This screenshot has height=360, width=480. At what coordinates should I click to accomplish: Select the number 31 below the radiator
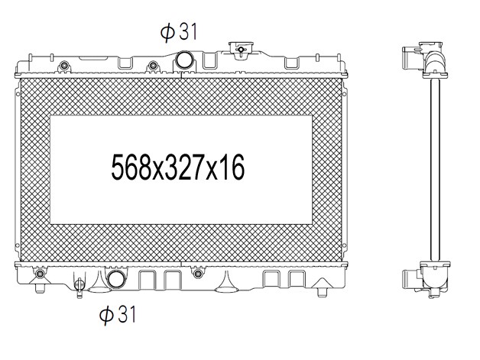tap(127, 314)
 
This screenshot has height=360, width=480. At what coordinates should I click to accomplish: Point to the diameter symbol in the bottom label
tap(106, 315)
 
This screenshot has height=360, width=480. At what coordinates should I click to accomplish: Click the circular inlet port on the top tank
tap(185, 60)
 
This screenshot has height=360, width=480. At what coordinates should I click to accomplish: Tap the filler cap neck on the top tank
tap(241, 50)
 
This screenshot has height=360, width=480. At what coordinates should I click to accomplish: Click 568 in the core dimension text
tap(131, 167)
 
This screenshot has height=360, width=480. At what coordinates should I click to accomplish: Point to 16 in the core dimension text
tap(232, 167)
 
